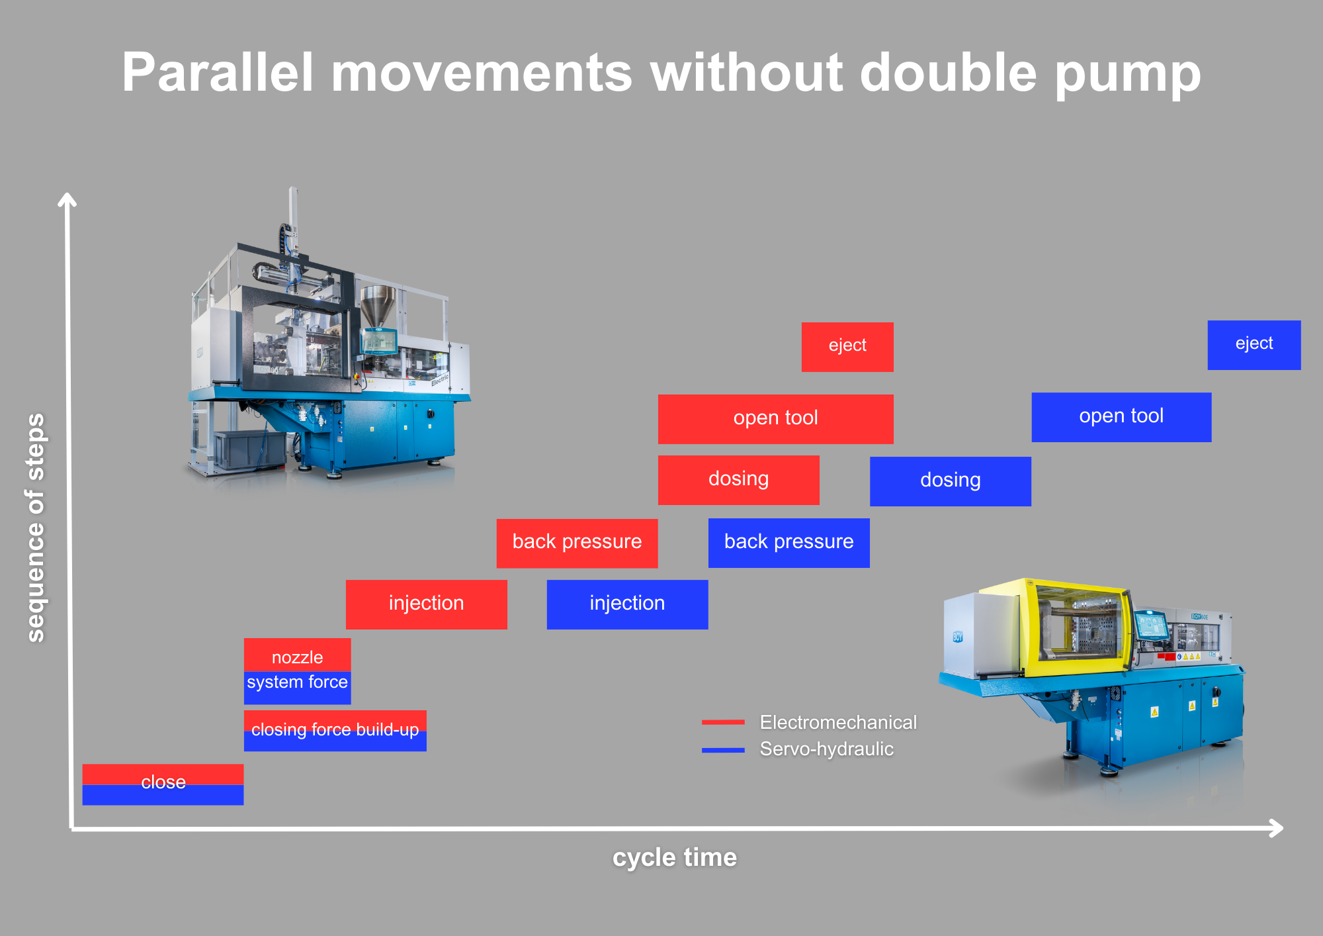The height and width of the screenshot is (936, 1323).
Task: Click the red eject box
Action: [x=847, y=347]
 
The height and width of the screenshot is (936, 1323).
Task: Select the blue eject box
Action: [x=1254, y=345]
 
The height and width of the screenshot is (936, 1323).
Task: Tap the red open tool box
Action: [x=775, y=418]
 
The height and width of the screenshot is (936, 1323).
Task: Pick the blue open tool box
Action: [x=1121, y=417]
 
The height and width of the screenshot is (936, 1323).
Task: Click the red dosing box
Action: [x=738, y=480]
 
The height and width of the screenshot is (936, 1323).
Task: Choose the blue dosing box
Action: [x=950, y=481]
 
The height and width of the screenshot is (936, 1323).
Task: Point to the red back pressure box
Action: [x=577, y=543]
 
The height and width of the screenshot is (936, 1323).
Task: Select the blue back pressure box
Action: [x=789, y=543]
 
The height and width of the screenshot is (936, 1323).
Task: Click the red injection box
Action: [x=426, y=604]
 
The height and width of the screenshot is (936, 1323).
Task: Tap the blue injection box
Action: [x=627, y=604]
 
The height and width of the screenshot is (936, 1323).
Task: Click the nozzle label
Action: [x=297, y=657]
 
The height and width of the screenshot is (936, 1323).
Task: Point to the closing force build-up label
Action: [x=335, y=730]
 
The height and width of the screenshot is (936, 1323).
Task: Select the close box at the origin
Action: [x=163, y=784]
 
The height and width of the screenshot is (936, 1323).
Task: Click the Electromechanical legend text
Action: [x=838, y=722]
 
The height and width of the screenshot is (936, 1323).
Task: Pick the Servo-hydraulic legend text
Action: [x=826, y=749]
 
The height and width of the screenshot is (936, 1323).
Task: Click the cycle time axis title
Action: [x=674, y=858]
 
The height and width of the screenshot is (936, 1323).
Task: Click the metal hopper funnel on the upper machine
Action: [x=378, y=304]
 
